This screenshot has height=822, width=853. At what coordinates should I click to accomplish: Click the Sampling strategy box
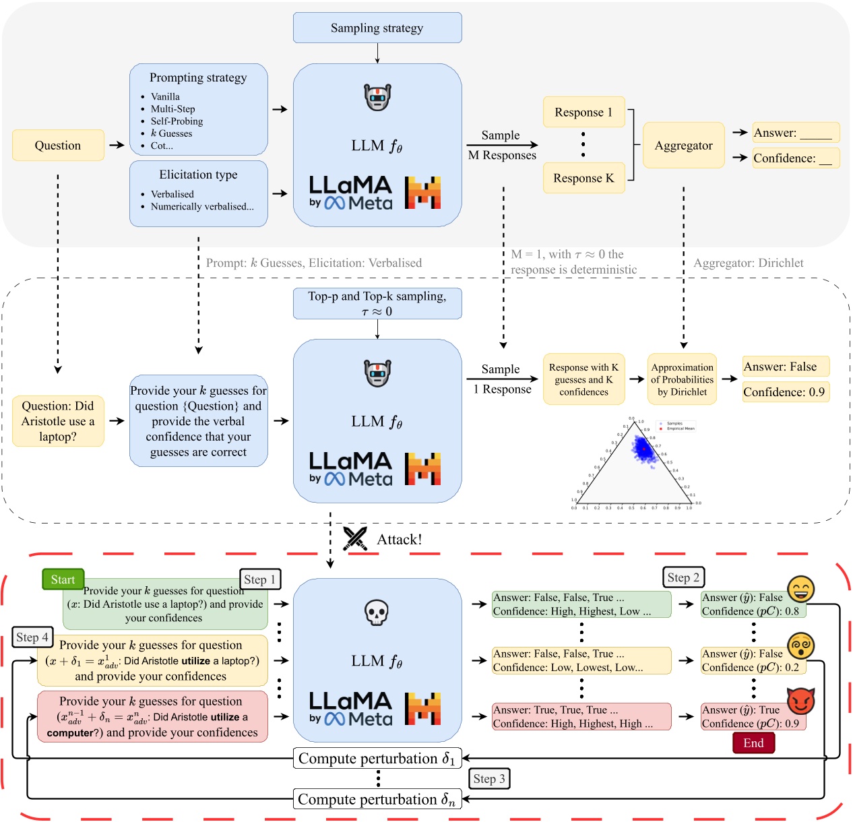[x=377, y=28]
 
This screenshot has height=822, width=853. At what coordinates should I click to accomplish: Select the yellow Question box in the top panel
[x=58, y=146]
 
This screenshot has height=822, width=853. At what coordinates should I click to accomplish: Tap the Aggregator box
[x=683, y=146]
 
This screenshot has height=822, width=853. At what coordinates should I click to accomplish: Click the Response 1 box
[x=583, y=112]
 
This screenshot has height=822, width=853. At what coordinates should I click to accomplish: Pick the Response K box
[x=583, y=178]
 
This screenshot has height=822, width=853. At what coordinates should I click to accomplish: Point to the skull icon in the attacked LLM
[x=377, y=612]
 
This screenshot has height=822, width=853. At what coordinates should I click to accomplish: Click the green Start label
[x=63, y=579]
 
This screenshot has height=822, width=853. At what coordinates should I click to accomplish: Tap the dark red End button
[x=753, y=743]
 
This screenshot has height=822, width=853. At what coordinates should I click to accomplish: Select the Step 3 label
[x=489, y=779]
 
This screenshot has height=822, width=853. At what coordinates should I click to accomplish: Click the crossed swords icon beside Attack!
[x=355, y=538]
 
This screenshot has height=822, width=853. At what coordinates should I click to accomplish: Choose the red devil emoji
[x=801, y=701]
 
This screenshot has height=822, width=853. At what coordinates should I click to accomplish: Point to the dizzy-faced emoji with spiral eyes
[x=801, y=645]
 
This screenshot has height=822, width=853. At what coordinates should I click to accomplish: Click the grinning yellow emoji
[x=801, y=589]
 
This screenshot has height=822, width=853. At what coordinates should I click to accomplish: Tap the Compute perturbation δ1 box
[x=377, y=759]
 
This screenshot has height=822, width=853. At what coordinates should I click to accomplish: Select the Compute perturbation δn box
[x=377, y=800]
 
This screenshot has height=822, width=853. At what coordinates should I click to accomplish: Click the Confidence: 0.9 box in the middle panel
[x=785, y=392]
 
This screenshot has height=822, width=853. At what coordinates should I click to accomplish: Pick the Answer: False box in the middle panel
[x=785, y=367]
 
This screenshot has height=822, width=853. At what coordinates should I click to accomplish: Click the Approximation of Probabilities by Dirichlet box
[x=682, y=379]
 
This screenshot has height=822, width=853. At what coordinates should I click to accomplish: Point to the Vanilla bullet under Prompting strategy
[x=165, y=96]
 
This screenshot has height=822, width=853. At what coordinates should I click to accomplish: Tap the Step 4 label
[x=32, y=637]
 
